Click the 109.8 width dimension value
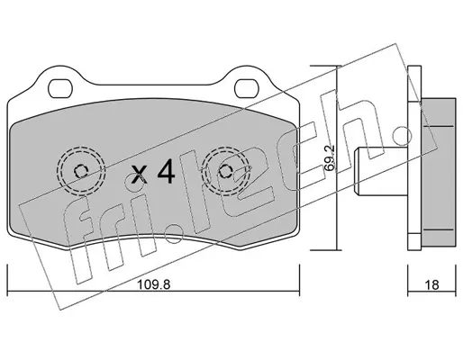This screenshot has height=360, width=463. pos(153,284)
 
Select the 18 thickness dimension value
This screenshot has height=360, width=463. pos(432,284)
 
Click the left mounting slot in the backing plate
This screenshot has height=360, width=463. pos(60,88)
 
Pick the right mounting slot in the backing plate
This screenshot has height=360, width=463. pos(247,88)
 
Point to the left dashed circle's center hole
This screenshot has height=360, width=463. pos(81,171)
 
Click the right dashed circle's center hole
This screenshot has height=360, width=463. pos(225,171)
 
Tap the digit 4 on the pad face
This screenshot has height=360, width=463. pos(166,171)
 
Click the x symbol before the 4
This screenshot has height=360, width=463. pos(140,175)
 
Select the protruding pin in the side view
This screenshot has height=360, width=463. pos(381,170)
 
